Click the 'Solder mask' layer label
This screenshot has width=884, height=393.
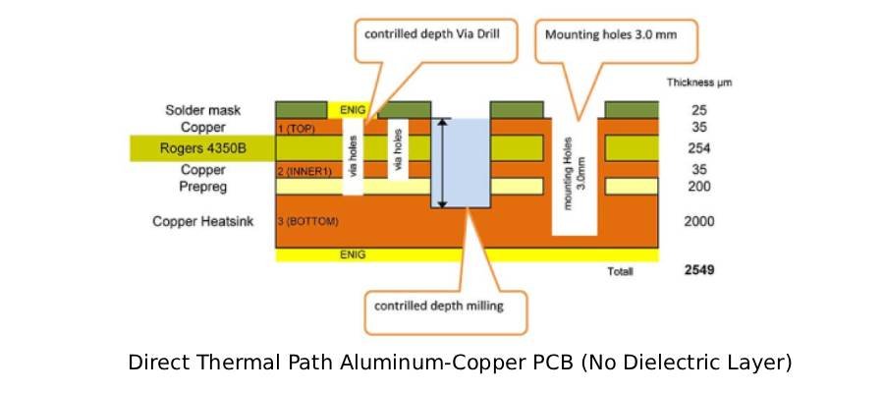pyautogui.click(x=203, y=110)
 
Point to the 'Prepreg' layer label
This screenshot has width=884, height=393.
pyautogui.click(x=203, y=186)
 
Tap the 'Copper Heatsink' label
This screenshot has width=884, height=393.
pyautogui.click(x=203, y=222)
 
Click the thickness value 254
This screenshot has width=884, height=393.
pyautogui.click(x=698, y=149)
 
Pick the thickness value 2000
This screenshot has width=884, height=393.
pyautogui.click(x=698, y=222)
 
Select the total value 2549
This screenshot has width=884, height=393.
pyautogui.click(x=698, y=268)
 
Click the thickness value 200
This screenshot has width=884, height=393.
pyautogui.click(x=698, y=186)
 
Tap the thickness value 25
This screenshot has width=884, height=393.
pyautogui.click(x=698, y=110)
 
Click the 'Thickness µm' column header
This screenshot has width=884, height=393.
pyautogui.click(x=698, y=83)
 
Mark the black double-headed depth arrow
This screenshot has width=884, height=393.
pyautogui.click(x=442, y=162)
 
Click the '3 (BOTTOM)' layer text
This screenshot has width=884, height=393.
pyautogui.click(x=308, y=222)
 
